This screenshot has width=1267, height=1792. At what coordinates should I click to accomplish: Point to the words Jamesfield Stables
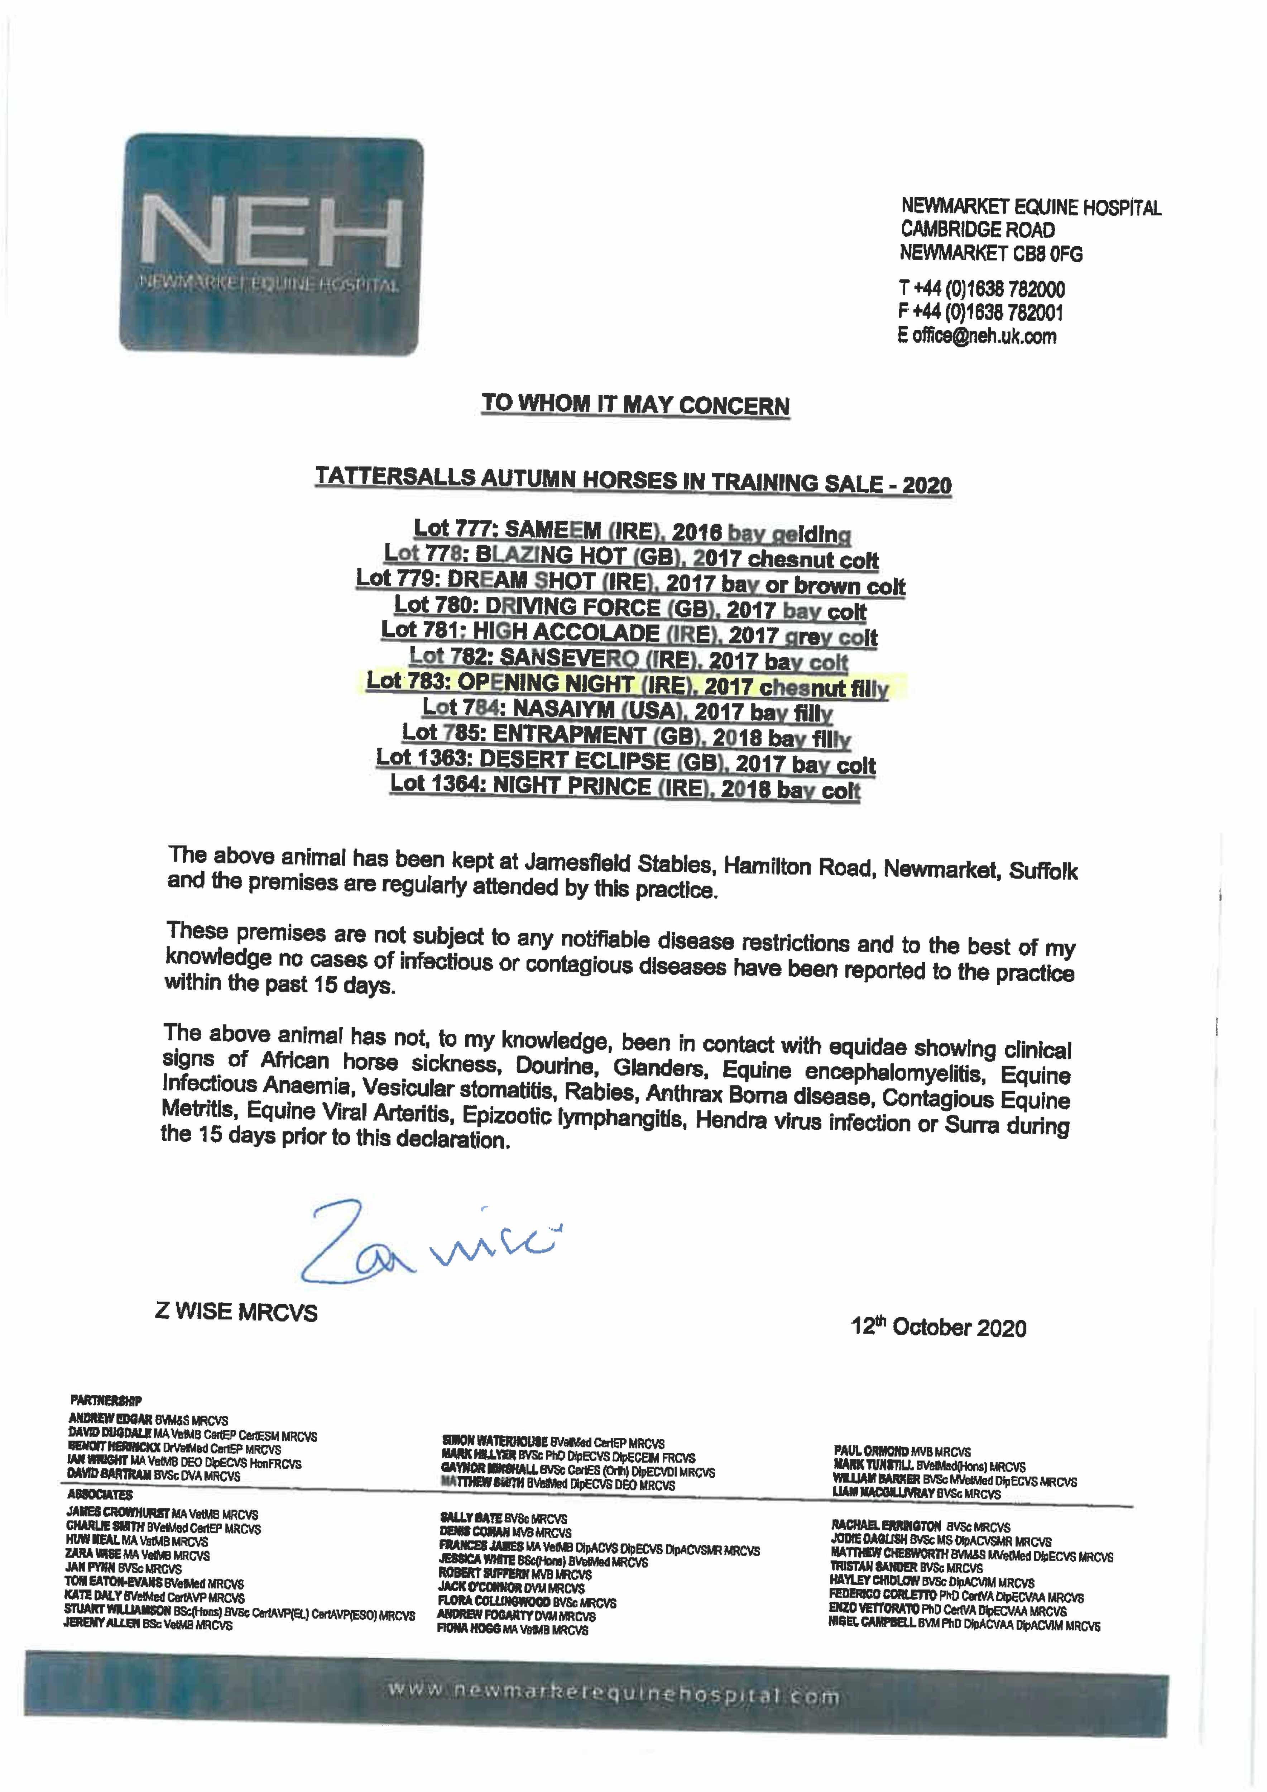[618, 863]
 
